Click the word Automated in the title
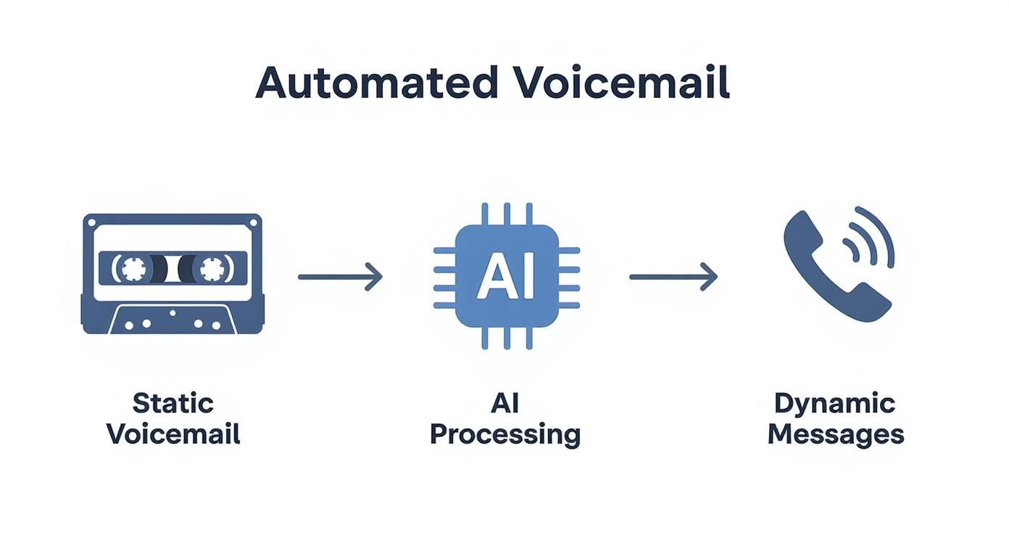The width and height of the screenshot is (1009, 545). [x=376, y=83]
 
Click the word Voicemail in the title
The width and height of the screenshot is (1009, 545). [x=622, y=83]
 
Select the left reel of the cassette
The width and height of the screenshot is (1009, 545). [x=133, y=269]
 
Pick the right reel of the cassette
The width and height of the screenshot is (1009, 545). [x=211, y=269]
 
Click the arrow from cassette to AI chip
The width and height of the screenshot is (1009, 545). [x=339, y=276]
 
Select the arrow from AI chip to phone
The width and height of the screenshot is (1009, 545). [x=672, y=276]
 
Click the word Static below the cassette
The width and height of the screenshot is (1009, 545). [x=173, y=403]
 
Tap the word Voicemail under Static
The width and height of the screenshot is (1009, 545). [x=173, y=434]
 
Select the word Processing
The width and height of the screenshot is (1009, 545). [x=505, y=434]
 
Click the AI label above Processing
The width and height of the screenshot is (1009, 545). [x=505, y=403]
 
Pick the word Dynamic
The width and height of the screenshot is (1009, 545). [x=835, y=403]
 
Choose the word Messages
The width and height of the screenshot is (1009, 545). [x=835, y=434]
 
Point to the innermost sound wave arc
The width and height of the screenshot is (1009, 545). [x=855, y=250]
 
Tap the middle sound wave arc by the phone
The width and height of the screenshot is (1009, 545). [x=870, y=241]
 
